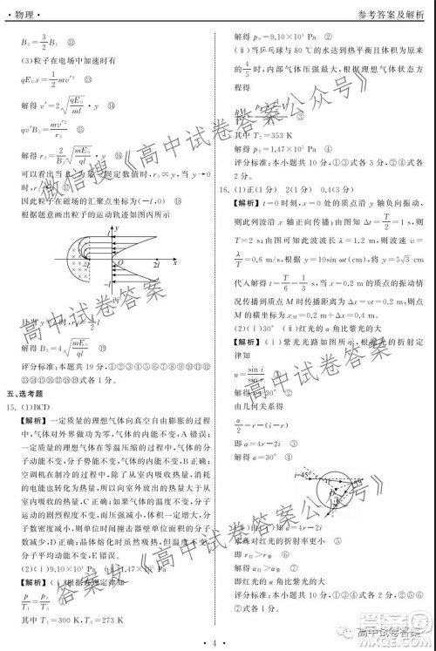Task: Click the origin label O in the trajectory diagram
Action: [121, 263]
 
